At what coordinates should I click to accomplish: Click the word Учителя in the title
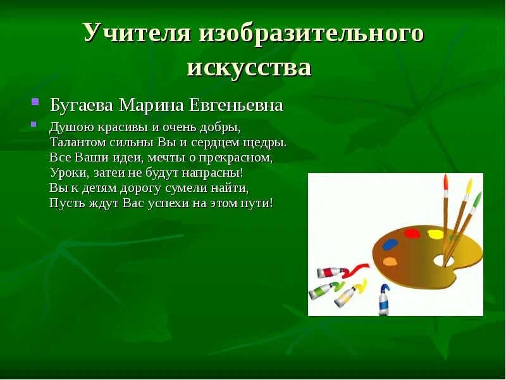tap(136, 34)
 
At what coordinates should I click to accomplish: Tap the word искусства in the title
tap(249, 67)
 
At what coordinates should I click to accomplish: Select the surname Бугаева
tap(82, 104)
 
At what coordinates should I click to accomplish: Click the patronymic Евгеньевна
tap(233, 104)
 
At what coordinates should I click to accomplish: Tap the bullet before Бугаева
tap(36, 101)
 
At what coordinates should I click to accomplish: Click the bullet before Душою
tap(36, 124)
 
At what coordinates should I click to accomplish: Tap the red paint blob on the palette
tap(412, 233)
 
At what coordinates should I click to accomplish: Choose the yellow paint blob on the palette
tap(436, 234)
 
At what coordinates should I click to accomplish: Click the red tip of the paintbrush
tap(445, 184)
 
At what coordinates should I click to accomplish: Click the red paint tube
tap(331, 272)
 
